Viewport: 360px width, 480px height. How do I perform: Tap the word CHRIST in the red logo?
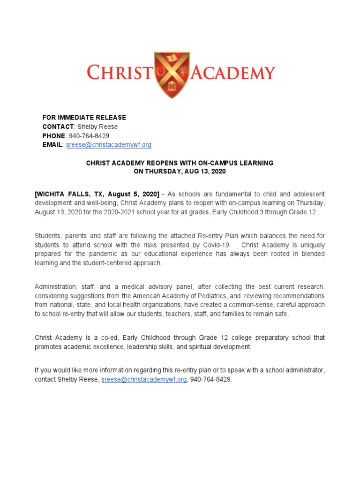click(120, 74)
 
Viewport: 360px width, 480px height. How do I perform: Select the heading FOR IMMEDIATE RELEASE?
click(84, 117)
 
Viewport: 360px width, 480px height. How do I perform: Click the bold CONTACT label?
click(58, 127)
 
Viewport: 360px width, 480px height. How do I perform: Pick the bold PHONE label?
click(54, 136)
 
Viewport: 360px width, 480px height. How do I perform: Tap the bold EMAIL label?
click(52, 145)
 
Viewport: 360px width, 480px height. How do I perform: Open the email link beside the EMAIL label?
click(108, 145)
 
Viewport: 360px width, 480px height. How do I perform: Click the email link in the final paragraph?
click(144, 379)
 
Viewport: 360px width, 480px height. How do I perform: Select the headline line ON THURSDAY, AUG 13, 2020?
click(180, 172)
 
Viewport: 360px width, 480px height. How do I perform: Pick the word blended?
click(314, 254)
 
